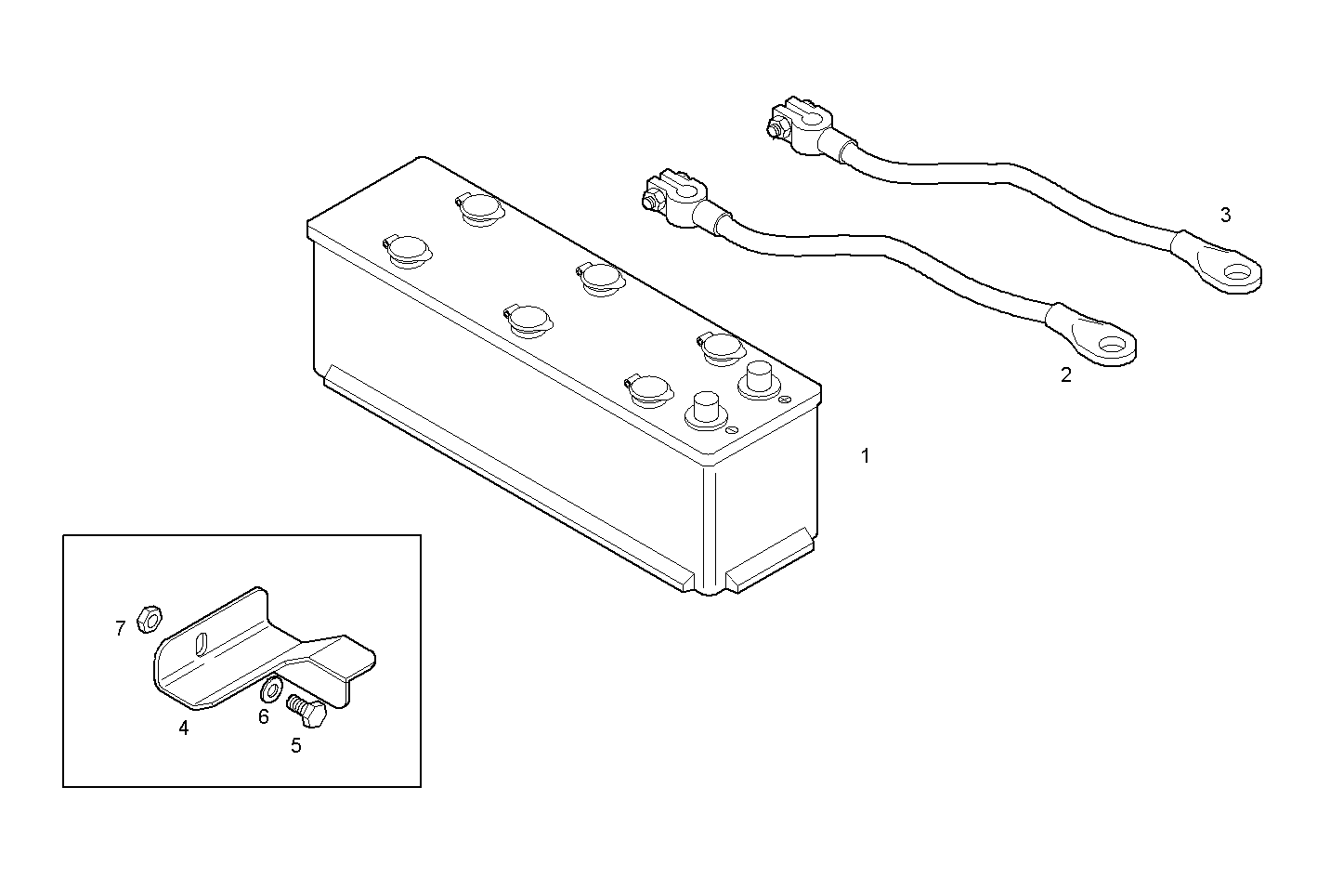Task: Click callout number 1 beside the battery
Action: coord(866,456)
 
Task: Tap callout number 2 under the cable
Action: coord(1065,375)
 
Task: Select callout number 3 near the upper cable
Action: coord(1225,216)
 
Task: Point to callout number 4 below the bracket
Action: coord(184,728)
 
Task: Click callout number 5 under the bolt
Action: coord(295,745)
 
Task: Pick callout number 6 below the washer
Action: coord(264,716)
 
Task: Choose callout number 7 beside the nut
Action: coord(120,629)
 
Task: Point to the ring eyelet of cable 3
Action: coord(1233,272)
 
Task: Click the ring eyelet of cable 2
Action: coord(1109,349)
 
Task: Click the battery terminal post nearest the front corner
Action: coord(705,410)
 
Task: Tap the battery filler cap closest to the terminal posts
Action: coord(719,348)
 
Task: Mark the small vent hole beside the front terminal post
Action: coord(733,430)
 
